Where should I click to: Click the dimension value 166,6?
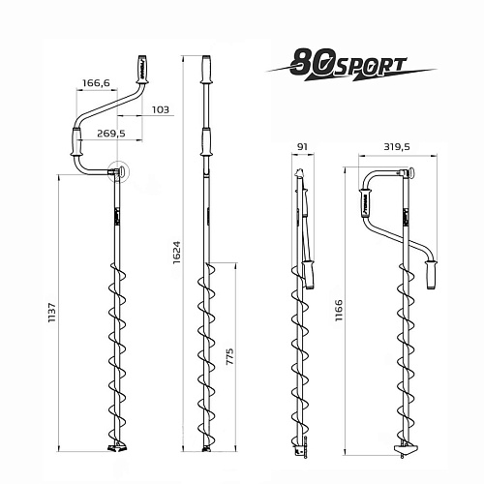[x=96, y=83]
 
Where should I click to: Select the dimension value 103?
[x=161, y=109]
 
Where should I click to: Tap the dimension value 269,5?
[x=111, y=133]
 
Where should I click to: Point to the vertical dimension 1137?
[x=52, y=313]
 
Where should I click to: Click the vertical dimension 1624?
[x=176, y=253]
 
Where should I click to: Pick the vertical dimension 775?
[x=229, y=356]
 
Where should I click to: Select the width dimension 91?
[x=302, y=147]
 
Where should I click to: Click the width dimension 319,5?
[x=397, y=147]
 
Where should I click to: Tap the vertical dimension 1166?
[x=339, y=310]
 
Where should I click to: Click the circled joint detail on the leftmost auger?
[x=118, y=170]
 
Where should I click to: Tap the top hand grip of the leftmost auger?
[x=141, y=70]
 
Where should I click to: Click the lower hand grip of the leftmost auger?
[x=76, y=141]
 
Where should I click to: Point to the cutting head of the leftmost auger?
[x=117, y=447]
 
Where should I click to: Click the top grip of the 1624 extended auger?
[x=206, y=70]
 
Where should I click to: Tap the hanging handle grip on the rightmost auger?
[x=431, y=275]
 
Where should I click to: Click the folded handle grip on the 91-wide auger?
[x=309, y=275]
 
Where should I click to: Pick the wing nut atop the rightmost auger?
[x=411, y=173]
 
